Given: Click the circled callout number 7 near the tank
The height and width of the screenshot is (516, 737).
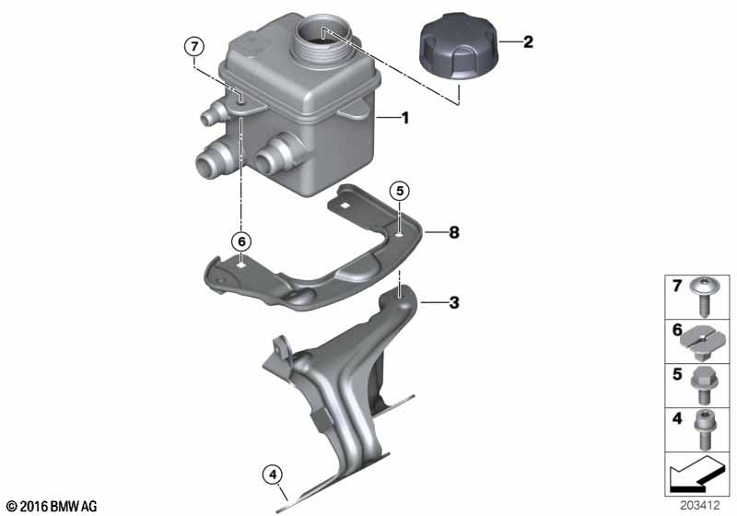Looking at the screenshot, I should [x=193, y=45].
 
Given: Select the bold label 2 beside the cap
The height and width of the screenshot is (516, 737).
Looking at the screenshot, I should [x=528, y=41].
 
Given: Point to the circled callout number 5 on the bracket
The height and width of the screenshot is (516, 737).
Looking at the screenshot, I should [x=399, y=192].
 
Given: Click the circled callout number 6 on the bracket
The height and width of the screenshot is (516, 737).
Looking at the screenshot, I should [x=241, y=240].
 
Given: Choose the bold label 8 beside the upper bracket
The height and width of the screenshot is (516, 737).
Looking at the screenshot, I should [x=452, y=233].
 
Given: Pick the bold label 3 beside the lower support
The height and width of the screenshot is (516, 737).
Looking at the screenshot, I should [x=452, y=301].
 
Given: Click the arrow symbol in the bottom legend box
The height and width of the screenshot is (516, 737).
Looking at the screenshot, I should [x=696, y=475].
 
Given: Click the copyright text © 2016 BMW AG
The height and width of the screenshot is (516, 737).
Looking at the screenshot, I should [x=51, y=506].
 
